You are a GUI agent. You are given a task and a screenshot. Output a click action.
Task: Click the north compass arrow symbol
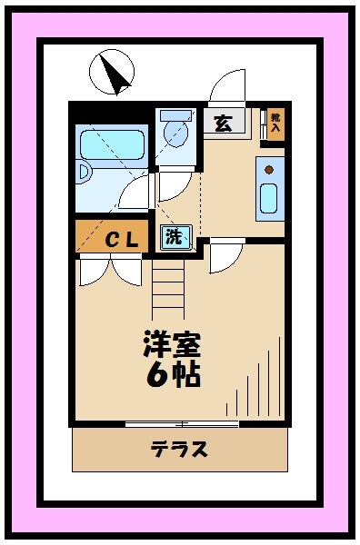pyautogui.click(x=110, y=72)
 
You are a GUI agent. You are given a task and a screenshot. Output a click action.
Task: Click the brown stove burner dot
pyautogui.click(x=270, y=168)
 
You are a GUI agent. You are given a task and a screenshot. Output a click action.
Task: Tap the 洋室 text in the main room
pyautogui.click(x=171, y=344)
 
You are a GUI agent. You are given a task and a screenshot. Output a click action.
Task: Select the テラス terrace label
pyautogui.click(x=178, y=449)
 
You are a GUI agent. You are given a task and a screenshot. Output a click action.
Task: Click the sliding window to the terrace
pyautogui.click(x=182, y=423)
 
